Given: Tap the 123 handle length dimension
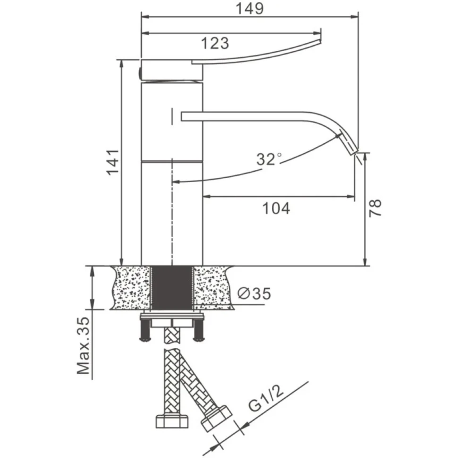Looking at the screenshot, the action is coord(215,43).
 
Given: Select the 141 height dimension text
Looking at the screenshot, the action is coord(113,162).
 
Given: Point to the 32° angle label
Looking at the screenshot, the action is coord(269,159).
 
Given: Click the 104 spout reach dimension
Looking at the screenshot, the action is coord(276,208).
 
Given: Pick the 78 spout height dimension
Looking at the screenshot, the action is coord(375,208).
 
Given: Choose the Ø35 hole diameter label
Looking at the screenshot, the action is coord(254,293).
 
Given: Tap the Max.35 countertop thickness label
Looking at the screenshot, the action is coord(83,346).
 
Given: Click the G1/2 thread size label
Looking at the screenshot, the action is coord(266,398).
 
